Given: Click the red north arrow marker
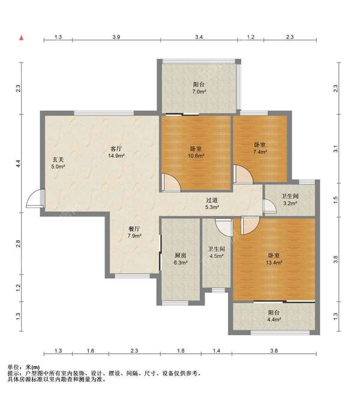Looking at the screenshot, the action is [x=22, y=38].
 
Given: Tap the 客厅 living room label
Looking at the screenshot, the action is [x=116, y=149].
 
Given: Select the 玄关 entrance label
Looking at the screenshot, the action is [x=58, y=160].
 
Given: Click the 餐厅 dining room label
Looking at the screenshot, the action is [x=134, y=229].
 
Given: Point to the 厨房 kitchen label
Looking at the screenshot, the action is [x=181, y=255].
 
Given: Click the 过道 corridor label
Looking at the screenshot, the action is [x=212, y=200].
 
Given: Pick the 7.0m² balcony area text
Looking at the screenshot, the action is [x=199, y=92].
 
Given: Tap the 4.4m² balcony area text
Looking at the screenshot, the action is [x=274, y=320].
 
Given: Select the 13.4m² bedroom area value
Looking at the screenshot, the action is [x=274, y=263].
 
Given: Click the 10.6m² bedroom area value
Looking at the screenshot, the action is [x=196, y=156].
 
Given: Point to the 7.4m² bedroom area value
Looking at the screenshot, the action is [x=260, y=152].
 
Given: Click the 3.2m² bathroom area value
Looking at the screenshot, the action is [x=290, y=203].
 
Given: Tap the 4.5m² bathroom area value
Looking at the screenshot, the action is [x=217, y=256].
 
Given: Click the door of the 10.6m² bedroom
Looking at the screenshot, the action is [x=171, y=182].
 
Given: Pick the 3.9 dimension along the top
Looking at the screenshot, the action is [x=116, y=37].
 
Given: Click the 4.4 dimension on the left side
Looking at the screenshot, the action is [x=18, y=164].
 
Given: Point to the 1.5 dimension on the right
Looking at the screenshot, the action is [x=335, y=200].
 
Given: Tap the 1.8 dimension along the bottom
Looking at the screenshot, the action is [x=181, y=351].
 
